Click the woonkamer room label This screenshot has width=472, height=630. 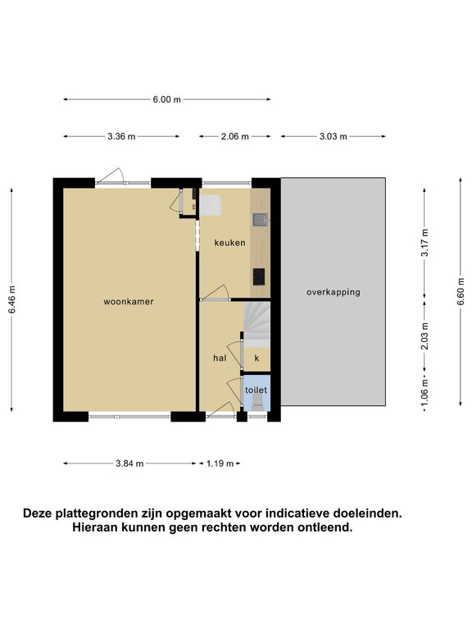(129, 301)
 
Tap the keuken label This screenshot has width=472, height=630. (229, 243)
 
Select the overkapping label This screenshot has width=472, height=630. (334, 292)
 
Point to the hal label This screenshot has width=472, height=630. (220, 358)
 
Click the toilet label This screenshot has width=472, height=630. (256, 390)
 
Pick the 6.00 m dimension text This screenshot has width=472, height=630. (166, 99)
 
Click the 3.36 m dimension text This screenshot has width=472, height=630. (121, 137)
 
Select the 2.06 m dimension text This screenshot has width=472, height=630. (235, 137)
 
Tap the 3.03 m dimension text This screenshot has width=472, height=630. (334, 137)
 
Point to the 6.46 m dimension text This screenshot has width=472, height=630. (11, 299)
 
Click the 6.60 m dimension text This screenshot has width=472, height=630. (461, 291)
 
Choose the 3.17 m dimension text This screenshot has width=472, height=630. (425, 242)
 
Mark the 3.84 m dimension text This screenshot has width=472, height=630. (129, 463)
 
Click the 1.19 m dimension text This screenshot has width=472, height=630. (220, 463)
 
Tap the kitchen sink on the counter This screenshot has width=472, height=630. (260, 220)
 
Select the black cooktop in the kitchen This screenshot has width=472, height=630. (259, 276)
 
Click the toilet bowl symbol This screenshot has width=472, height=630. (256, 402)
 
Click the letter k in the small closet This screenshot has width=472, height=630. (256, 358)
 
